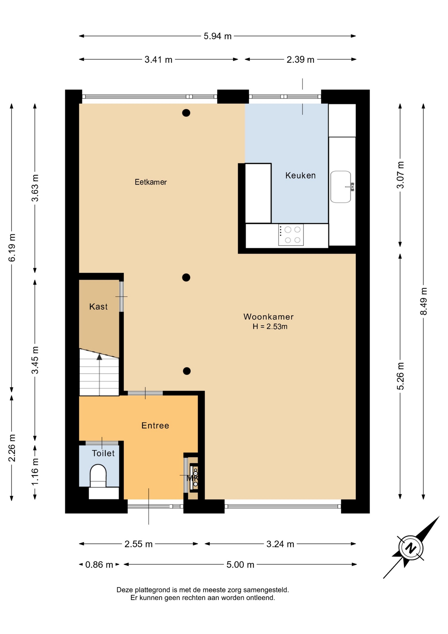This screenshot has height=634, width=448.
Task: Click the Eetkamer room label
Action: click(x=150, y=182)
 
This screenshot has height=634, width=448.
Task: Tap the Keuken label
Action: click(x=300, y=175)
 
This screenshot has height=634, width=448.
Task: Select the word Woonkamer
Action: click(x=269, y=317)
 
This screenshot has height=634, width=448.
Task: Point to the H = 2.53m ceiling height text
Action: click(x=270, y=327)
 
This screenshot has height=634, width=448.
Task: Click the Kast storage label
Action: click(x=98, y=307)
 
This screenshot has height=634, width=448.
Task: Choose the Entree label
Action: click(x=155, y=425)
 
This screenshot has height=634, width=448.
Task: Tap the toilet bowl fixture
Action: click(x=98, y=476)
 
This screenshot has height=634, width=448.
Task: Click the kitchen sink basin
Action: click(x=341, y=187)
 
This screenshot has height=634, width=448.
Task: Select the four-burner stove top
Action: click(x=291, y=235)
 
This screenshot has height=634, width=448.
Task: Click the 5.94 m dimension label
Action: click(x=217, y=36)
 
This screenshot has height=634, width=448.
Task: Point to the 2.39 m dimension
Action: click(x=300, y=60)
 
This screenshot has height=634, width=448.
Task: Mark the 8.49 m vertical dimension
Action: click(x=424, y=301)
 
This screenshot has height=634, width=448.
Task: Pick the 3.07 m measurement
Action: click(x=400, y=175)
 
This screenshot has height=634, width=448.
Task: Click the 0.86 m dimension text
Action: click(x=99, y=565)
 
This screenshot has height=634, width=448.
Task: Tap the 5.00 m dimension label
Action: click(x=240, y=565)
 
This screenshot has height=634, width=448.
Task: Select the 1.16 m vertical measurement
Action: click(x=35, y=472)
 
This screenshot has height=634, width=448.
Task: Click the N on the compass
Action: click(x=411, y=548)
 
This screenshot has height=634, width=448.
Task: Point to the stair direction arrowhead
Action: click(x=99, y=357)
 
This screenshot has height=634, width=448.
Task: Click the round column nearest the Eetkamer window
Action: click(x=186, y=113)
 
